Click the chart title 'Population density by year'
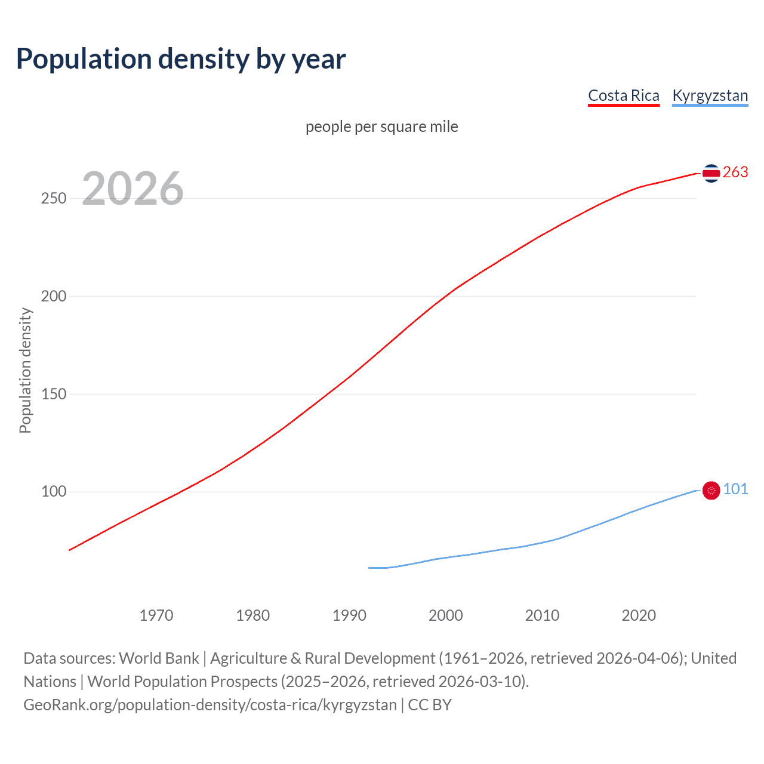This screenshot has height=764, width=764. click(x=181, y=59)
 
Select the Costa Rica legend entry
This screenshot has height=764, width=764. click(x=624, y=95)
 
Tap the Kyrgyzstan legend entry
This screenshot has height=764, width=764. click(x=710, y=95)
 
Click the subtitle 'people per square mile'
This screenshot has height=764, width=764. click(x=381, y=127)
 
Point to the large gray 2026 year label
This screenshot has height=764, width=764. click(x=133, y=189)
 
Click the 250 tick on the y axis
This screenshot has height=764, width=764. click(x=53, y=198)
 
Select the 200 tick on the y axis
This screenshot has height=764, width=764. click(x=53, y=296)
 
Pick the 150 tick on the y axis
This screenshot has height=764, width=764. click(x=53, y=394)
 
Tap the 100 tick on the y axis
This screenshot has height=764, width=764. click(x=53, y=492)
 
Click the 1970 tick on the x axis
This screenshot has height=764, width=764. click(x=156, y=615)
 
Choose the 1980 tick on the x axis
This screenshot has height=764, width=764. click(x=253, y=615)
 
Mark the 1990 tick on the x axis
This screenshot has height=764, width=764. click(x=349, y=615)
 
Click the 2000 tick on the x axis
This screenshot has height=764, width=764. click(x=446, y=615)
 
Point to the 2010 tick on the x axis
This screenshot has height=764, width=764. click(x=542, y=615)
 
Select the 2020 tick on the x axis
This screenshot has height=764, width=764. click(x=639, y=615)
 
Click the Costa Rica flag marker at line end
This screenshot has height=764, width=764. click(x=711, y=173)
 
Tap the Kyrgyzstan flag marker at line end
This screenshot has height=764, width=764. click(x=711, y=491)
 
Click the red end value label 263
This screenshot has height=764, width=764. click(x=735, y=172)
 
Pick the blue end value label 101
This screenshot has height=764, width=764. click(x=735, y=489)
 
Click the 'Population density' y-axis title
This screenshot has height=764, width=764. click(x=25, y=370)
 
